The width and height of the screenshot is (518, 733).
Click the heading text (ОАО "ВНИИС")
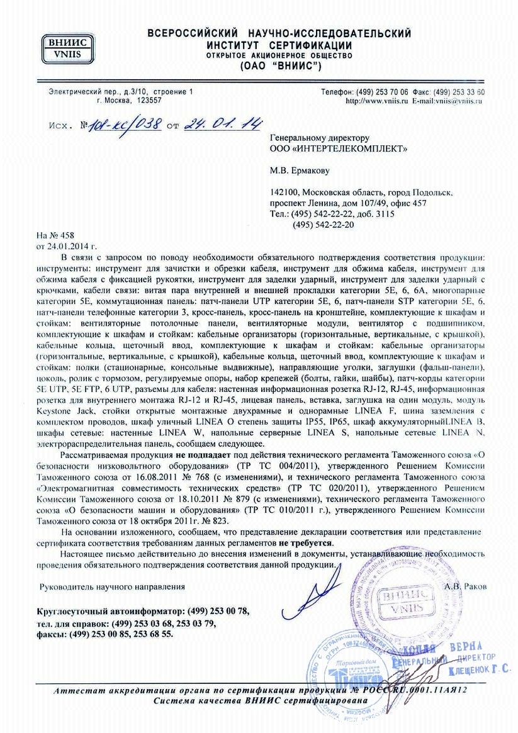pos(280,66)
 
